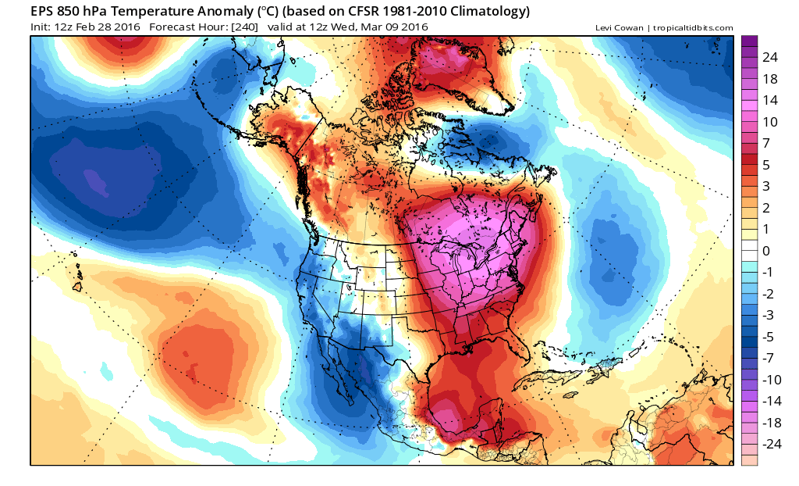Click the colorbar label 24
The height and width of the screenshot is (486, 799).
pos(770,58)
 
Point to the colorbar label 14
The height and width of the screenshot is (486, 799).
pos(770,100)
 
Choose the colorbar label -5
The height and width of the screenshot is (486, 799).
pos(768,337)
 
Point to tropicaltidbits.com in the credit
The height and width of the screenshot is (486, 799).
pos(692,28)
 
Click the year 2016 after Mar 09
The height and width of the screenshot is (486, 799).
pos(413,28)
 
